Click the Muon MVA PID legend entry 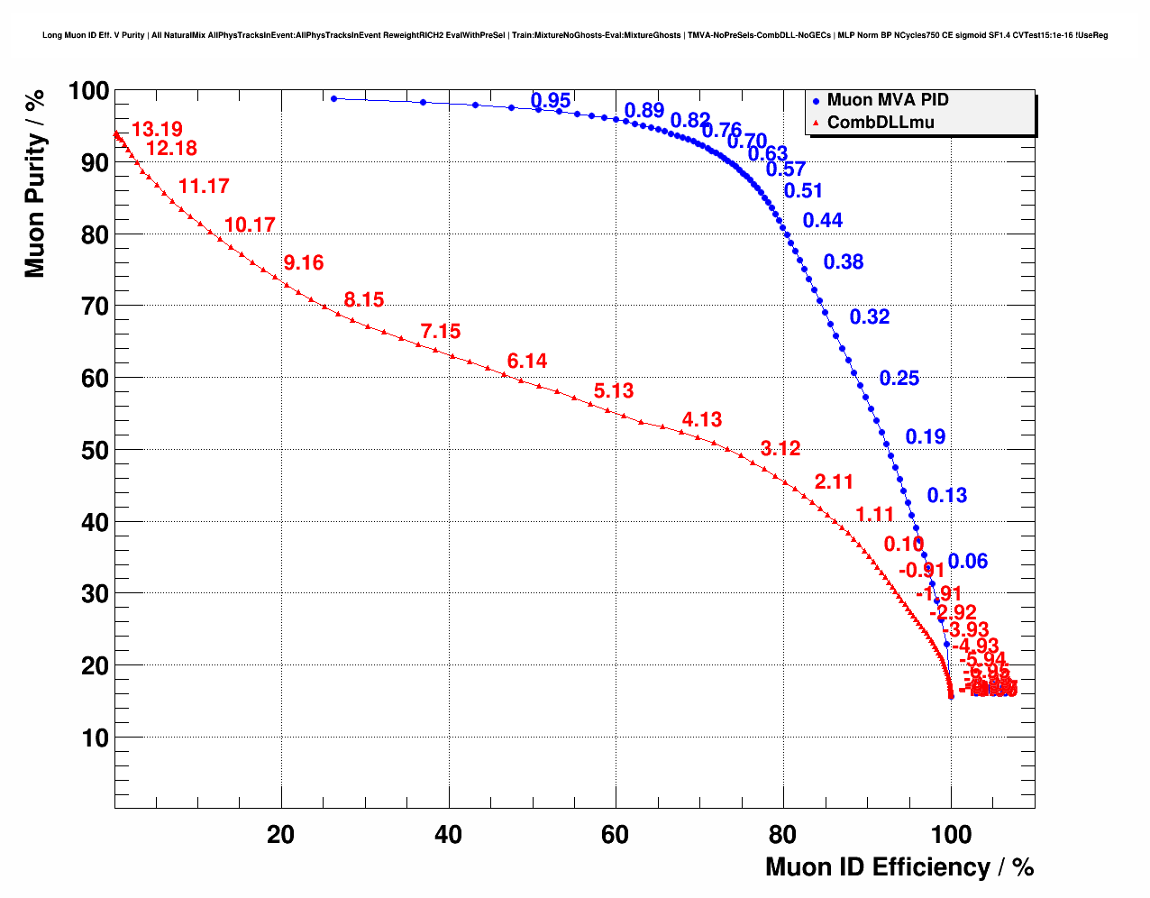tap(887, 100)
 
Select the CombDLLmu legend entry tap(880, 123)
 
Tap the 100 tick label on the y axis tap(88, 91)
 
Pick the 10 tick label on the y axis tap(95, 738)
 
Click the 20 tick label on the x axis tap(281, 835)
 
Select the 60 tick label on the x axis tap(616, 835)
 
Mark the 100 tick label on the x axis tap(950, 835)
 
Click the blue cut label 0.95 tap(551, 101)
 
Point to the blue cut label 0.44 tap(823, 221)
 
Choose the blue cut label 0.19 tap(926, 437)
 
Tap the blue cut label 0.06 tap(968, 562)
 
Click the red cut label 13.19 tap(157, 130)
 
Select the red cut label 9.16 tap(303, 263)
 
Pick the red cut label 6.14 tap(527, 362)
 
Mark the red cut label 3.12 tap(780, 449)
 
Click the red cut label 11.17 tap(204, 187)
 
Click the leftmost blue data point tap(333, 98)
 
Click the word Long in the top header tap(51, 35)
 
